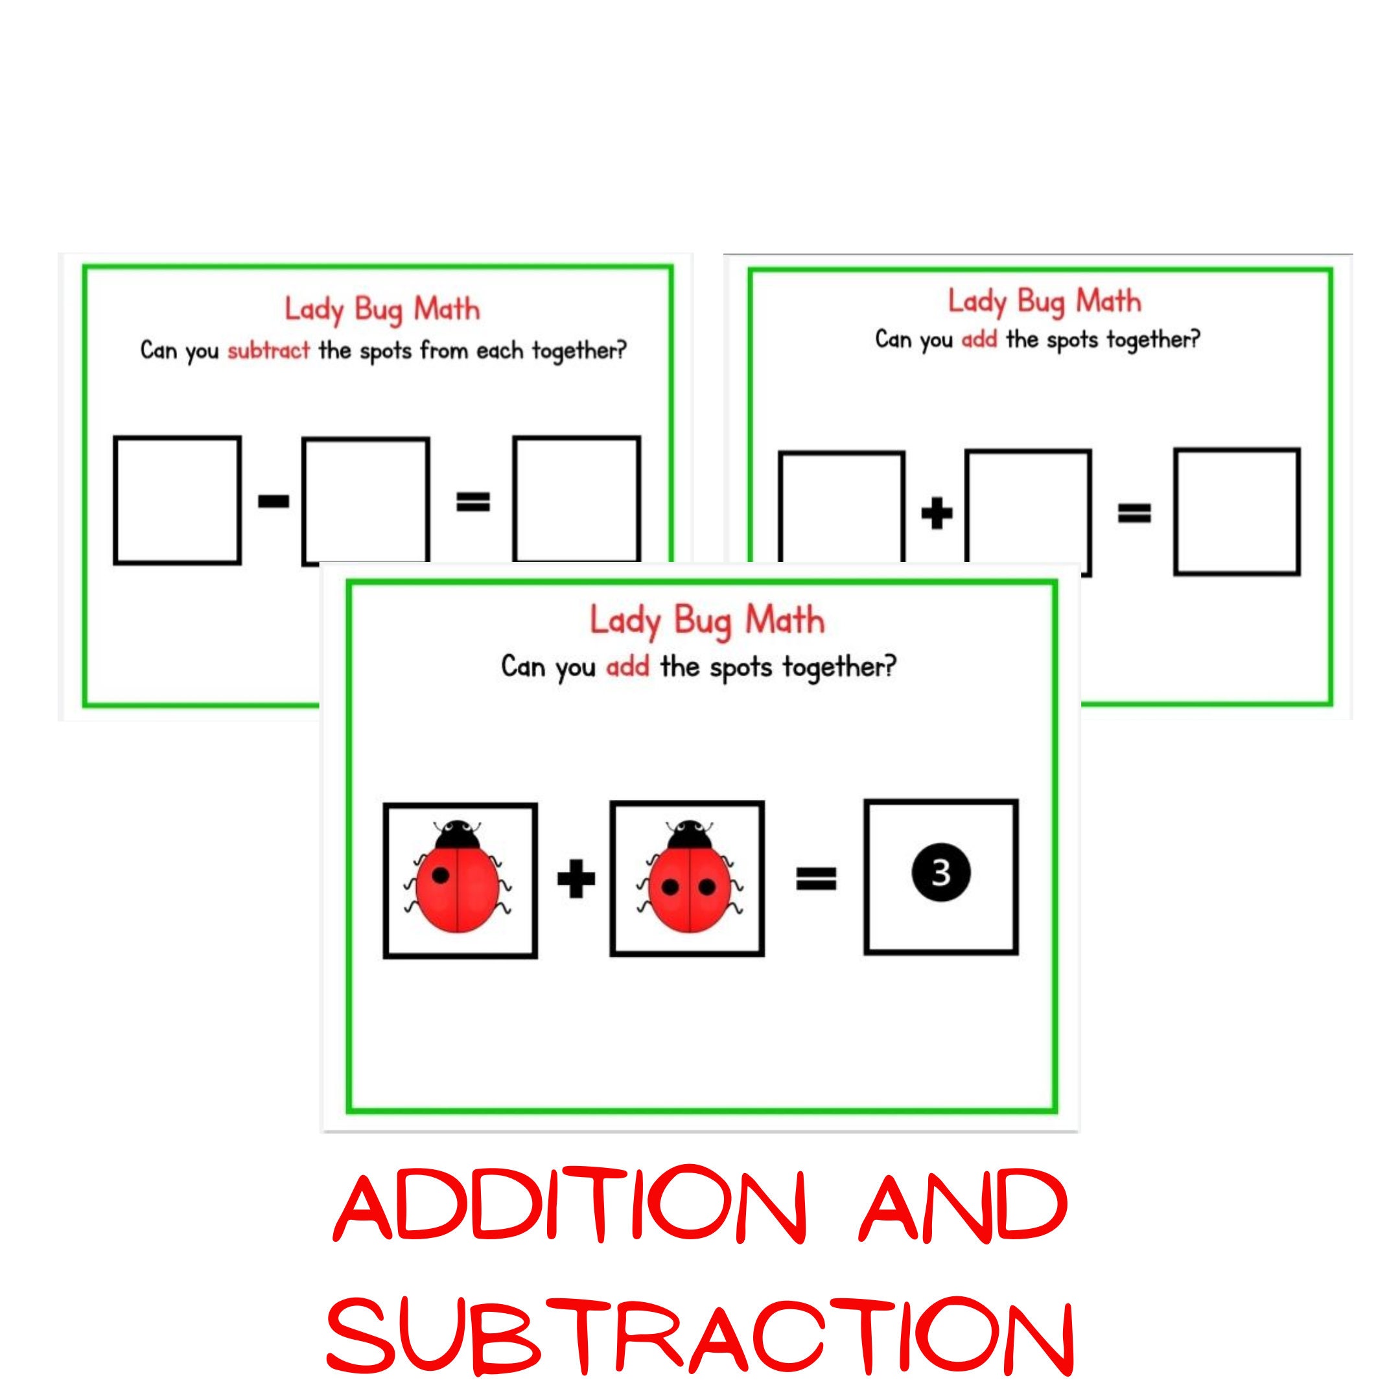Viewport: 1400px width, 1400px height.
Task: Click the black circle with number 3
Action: click(940, 873)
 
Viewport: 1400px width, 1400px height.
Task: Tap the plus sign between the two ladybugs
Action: click(576, 879)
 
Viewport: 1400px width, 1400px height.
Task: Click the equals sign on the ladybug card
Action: click(817, 879)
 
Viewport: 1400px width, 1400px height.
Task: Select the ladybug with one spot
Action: click(460, 876)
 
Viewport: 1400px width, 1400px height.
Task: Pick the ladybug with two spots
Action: click(689, 876)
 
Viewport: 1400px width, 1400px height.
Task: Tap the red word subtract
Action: click(269, 351)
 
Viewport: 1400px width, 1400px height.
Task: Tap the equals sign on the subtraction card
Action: click(473, 502)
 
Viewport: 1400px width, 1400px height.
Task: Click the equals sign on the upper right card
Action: click(1134, 514)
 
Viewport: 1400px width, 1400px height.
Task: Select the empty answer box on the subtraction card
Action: click(577, 499)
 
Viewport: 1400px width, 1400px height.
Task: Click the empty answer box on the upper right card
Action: click(1237, 511)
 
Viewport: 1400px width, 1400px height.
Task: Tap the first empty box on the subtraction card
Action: click(178, 500)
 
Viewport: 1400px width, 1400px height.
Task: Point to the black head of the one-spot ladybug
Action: click(457, 834)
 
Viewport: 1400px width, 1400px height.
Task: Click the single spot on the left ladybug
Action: click(440, 876)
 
